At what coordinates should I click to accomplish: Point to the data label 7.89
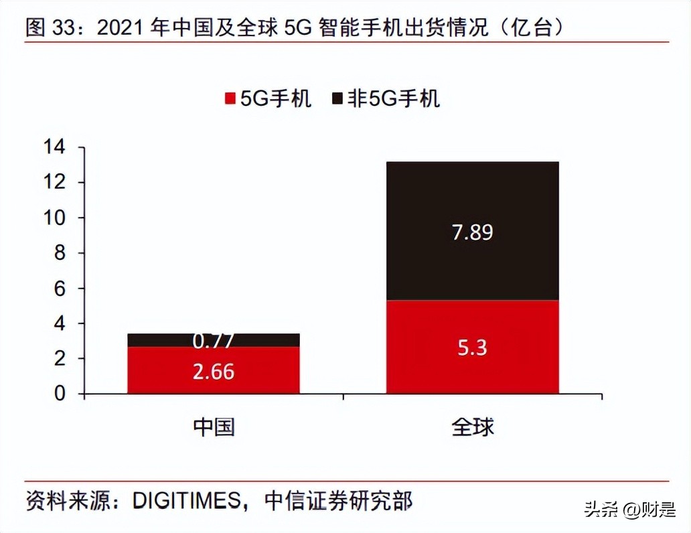[x=472, y=232]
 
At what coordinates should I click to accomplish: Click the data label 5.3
[x=472, y=348]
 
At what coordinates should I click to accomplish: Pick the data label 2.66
[x=213, y=372]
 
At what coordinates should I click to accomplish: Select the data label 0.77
[x=213, y=341]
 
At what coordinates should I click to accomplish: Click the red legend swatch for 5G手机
[x=230, y=99]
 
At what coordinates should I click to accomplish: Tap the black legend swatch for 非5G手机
[x=337, y=99]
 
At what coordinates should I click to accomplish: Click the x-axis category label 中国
[x=214, y=427]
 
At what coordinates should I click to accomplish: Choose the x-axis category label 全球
[x=472, y=427]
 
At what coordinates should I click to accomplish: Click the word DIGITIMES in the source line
[x=186, y=501]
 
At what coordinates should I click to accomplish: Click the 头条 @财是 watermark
[x=629, y=510]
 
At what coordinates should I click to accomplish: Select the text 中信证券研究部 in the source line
[x=338, y=501]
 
